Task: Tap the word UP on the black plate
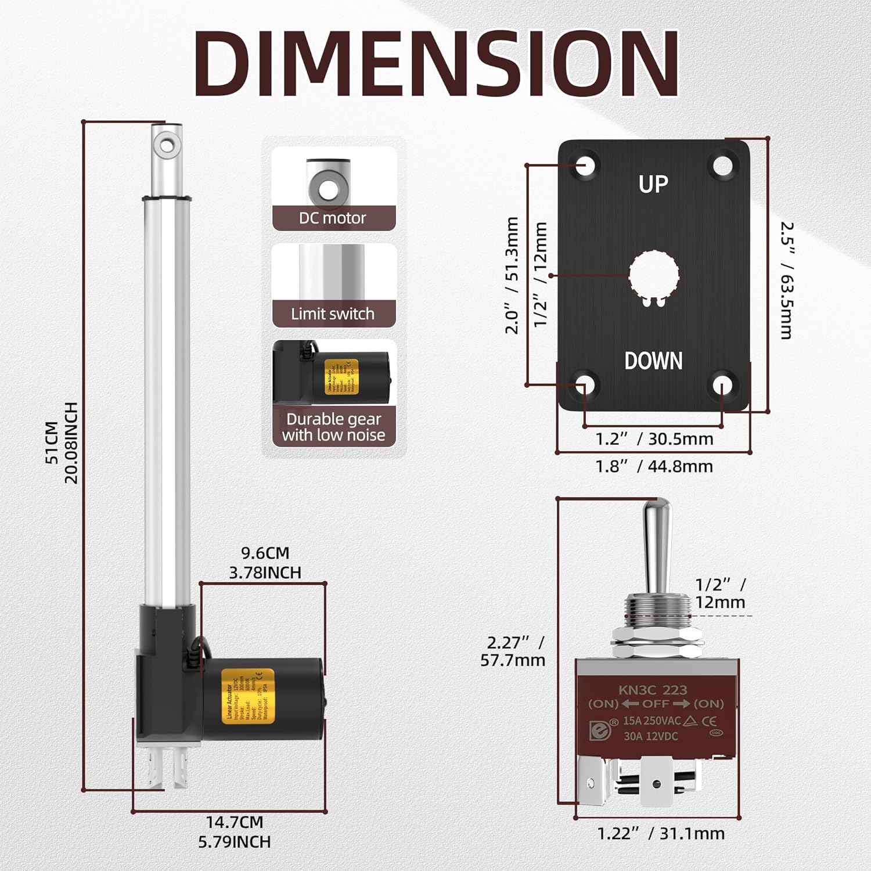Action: point(653,185)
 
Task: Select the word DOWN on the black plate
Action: point(653,361)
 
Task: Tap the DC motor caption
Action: point(333,218)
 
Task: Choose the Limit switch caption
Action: point(333,314)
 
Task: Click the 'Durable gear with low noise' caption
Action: point(334,427)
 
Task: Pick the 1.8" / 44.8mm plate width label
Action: point(654,466)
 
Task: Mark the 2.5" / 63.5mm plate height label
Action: point(787,280)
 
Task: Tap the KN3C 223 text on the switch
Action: point(653,690)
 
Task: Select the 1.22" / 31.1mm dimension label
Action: point(661,834)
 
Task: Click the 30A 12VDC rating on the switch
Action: point(650,736)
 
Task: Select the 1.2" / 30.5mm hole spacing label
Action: point(654,439)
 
